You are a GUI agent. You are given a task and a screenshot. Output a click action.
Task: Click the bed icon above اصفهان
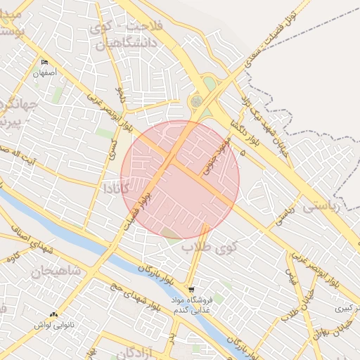(x=45, y=63)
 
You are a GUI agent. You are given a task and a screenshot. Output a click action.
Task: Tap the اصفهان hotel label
(x=45, y=72)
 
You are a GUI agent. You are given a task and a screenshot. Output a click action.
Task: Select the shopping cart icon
(x=191, y=290)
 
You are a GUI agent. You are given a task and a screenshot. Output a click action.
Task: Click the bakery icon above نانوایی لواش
(x=54, y=315)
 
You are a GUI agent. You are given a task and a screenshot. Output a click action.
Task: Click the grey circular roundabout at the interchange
(x=196, y=102)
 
